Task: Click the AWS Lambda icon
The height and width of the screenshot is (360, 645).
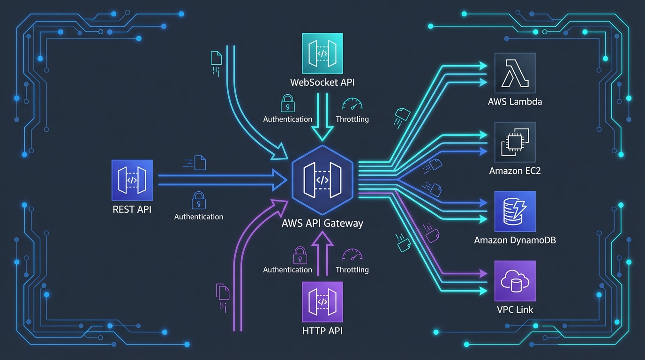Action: tap(515, 73)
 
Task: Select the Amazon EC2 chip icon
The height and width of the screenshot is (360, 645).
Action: tap(515, 142)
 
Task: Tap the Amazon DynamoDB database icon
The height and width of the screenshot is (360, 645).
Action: tap(515, 211)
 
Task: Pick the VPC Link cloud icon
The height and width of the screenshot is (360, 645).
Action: tap(515, 281)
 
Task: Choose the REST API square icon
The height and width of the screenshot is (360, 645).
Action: tap(132, 180)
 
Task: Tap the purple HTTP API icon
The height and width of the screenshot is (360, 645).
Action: tap(322, 301)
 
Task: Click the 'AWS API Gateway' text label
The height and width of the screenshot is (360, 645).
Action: tap(322, 223)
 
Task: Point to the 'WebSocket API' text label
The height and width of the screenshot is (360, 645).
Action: tap(322, 82)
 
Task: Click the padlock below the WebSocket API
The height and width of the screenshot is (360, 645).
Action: tap(287, 104)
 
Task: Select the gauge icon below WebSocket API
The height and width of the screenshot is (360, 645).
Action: tap(352, 105)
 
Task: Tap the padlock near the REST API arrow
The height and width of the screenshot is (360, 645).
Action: tap(199, 200)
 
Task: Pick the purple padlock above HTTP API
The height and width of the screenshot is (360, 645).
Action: tap(300, 255)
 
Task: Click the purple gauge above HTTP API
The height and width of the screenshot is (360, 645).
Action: tap(352, 255)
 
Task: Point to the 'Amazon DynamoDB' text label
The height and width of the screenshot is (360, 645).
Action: tap(515, 240)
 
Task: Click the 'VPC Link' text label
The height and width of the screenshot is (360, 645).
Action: tap(515, 309)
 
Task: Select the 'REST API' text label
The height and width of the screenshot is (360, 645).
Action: tap(132, 209)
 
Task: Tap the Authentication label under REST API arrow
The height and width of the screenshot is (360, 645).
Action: tap(199, 217)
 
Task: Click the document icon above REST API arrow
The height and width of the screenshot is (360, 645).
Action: tap(200, 163)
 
